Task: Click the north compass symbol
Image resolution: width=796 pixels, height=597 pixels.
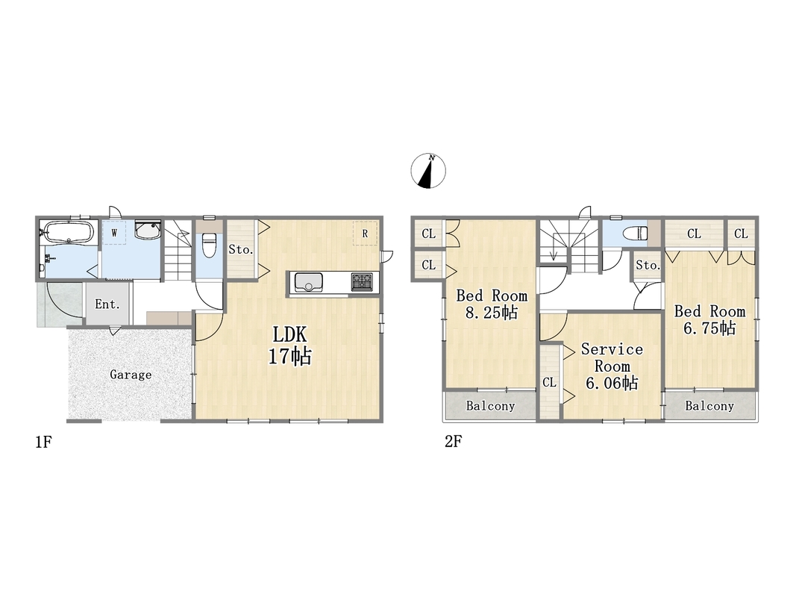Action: pyautogui.click(x=428, y=171)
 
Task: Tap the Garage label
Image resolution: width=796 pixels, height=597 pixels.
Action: pyautogui.click(x=131, y=375)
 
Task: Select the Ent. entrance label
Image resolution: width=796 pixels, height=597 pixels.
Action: pyautogui.click(x=107, y=304)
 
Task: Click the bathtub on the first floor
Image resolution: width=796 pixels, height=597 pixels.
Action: pyautogui.click(x=67, y=232)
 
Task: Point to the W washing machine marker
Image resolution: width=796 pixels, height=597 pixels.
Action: pyautogui.click(x=114, y=234)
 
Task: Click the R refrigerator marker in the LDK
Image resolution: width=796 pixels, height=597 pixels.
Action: pyautogui.click(x=365, y=234)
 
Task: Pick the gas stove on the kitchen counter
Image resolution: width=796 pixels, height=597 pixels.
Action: pyautogui.click(x=362, y=282)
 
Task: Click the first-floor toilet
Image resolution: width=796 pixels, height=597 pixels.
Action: pyautogui.click(x=209, y=245)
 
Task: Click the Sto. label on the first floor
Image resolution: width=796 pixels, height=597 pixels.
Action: pyautogui.click(x=241, y=250)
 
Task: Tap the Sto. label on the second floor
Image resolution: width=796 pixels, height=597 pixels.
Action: pyautogui.click(x=648, y=265)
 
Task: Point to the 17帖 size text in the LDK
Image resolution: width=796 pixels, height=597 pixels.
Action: pyautogui.click(x=289, y=356)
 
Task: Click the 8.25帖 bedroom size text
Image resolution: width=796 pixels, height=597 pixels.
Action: pyautogui.click(x=492, y=312)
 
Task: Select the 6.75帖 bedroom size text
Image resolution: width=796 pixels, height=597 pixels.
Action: pyautogui.click(x=709, y=328)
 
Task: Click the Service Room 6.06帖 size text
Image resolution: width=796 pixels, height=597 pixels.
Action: pyautogui.click(x=612, y=383)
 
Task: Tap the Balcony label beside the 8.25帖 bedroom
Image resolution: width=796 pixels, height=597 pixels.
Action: pyautogui.click(x=490, y=406)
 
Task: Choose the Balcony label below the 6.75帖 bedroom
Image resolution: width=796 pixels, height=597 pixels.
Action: pyautogui.click(x=709, y=406)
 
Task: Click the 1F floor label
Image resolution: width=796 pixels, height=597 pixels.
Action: pyautogui.click(x=44, y=443)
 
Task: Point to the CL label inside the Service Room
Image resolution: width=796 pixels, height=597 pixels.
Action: pyautogui.click(x=549, y=382)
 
